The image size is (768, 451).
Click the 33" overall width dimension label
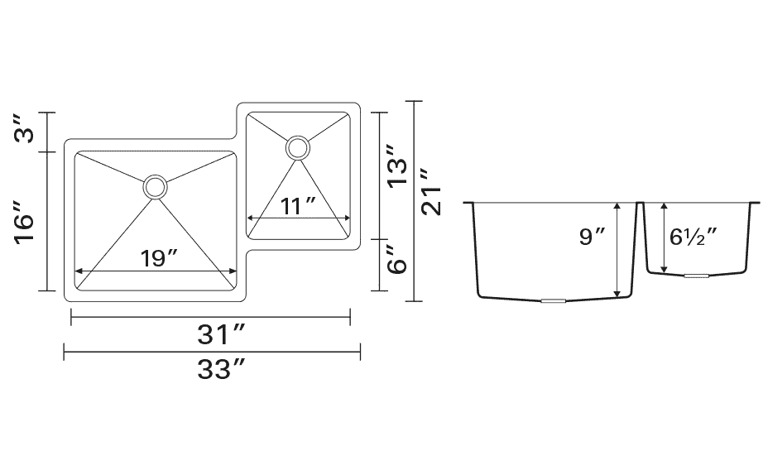tap(220, 370)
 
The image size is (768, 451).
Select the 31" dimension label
tap(220, 335)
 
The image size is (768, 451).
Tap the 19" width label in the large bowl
tap(158, 258)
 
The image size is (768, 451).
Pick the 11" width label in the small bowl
tap(298, 206)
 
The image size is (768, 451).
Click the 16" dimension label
tap(25, 222)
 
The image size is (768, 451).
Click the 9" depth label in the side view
tap(593, 237)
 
